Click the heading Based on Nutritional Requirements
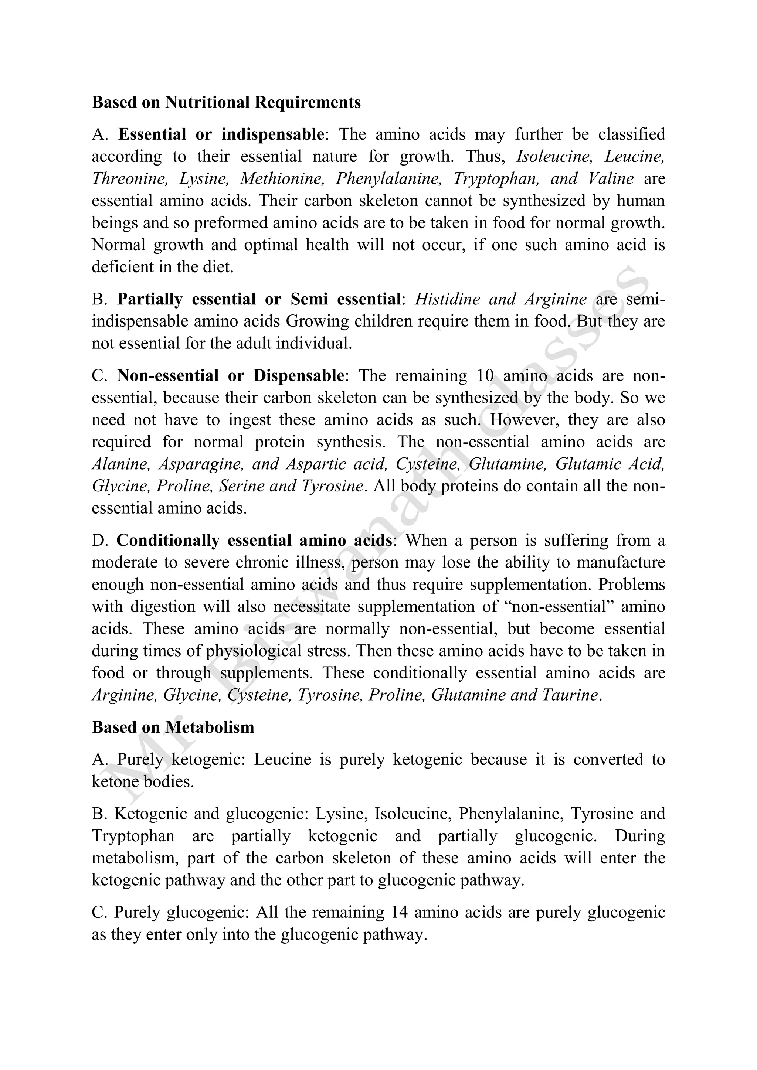pos(226,102)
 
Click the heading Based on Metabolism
pos(173,727)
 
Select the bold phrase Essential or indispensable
pos(221,134)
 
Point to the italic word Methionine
pos(282,178)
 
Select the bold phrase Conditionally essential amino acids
pos(254,541)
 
